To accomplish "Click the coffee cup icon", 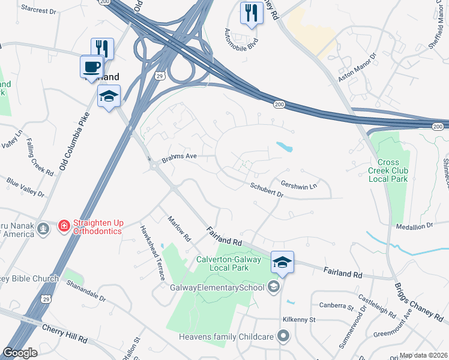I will tap(91, 65).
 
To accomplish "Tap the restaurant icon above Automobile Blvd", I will tap(251, 13).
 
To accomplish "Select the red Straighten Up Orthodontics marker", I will tap(64, 226).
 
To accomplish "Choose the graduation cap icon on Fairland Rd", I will tap(282, 262).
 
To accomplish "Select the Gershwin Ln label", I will tap(298, 186).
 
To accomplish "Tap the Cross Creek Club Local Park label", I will tap(392, 170).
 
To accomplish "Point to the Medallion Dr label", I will tap(414, 226).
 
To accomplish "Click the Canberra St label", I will tap(336, 307).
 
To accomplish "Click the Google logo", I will tap(20, 353).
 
